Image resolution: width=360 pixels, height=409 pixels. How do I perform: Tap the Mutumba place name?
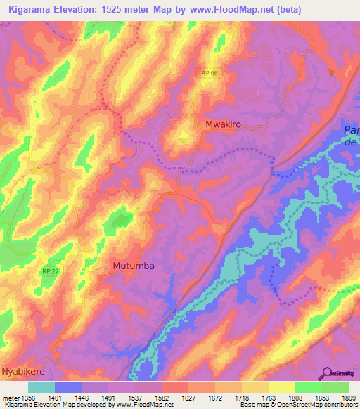(x=133, y=266)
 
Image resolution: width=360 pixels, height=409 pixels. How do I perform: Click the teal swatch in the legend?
(x=41, y=387)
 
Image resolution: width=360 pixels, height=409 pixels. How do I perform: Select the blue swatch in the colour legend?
(x=68, y=387)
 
